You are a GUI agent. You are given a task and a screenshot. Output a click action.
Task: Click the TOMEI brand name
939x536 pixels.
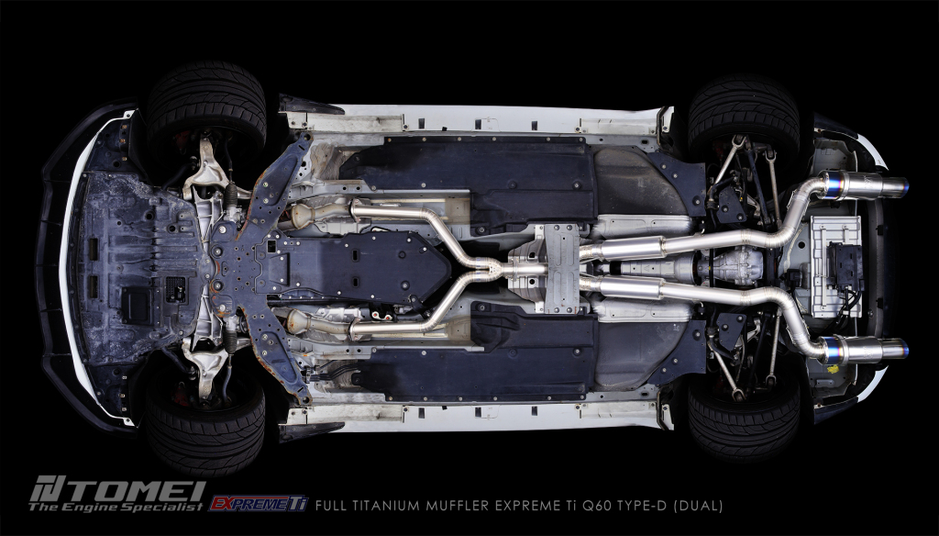click(x=118, y=489)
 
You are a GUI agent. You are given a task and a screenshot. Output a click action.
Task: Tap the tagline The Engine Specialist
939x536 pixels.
click(x=116, y=508)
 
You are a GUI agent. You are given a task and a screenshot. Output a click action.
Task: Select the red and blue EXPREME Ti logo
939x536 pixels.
click(x=258, y=504)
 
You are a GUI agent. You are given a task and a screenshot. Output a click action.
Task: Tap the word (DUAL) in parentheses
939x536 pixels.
click(x=698, y=506)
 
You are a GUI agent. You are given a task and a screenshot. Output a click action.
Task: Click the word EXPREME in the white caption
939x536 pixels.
click(x=525, y=506)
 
